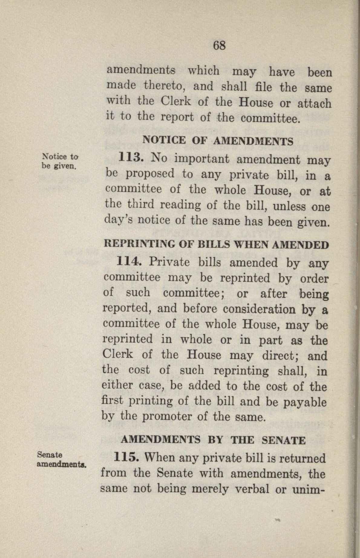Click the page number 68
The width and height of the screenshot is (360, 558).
click(x=219, y=46)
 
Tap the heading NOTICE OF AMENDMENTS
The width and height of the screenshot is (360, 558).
click(x=218, y=141)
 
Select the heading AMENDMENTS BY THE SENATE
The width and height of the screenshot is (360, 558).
click(x=213, y=440)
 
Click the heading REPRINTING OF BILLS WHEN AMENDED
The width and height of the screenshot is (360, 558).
click(x=216, y=245)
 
